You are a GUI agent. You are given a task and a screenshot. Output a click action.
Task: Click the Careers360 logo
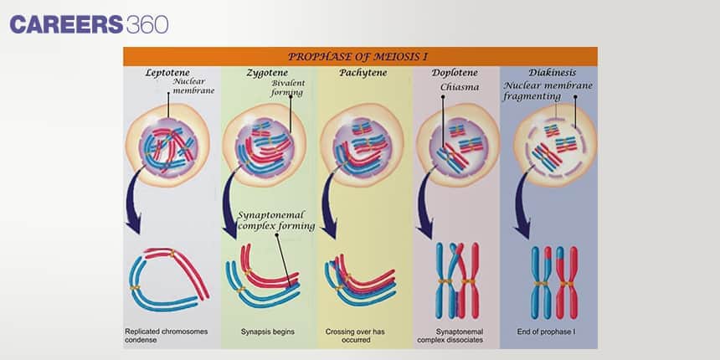pos(89,23)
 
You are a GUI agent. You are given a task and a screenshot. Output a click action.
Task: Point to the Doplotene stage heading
pos(455,73)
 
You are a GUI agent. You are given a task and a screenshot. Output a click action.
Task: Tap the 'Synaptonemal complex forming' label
pos(276,220)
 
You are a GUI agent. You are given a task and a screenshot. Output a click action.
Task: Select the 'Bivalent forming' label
pos(288,88)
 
